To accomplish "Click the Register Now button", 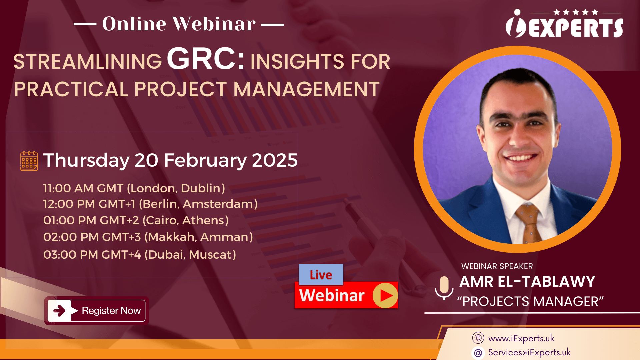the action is point(96,311).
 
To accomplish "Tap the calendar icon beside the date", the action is point(29,161).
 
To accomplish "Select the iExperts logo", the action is point(564,23).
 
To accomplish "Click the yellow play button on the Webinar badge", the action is point(385,295).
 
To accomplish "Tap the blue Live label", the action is point(321,275).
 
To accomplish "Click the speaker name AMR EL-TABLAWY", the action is point(527,282).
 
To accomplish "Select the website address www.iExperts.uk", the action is point(521,338).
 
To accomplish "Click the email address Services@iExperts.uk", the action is point(529,352).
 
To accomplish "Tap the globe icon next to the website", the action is point(478,338).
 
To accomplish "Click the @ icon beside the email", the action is point(478,353).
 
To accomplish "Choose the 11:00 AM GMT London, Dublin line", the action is point(134,188).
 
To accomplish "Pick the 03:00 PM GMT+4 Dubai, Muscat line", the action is point(140,255).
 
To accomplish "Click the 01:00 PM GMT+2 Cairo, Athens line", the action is point(136,220).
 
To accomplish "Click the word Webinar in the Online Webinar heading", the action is point(214,24).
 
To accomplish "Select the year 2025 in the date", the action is point(275,160).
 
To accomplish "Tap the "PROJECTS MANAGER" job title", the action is point(530,301).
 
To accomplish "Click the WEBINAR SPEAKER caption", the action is point(497,266).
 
